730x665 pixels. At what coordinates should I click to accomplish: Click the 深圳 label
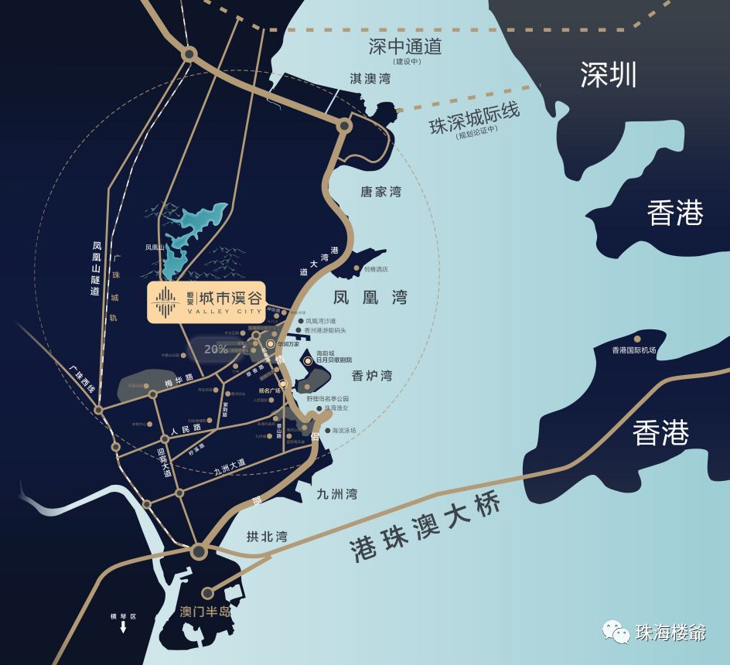[609, 75]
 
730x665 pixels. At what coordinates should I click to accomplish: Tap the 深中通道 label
[404, 46]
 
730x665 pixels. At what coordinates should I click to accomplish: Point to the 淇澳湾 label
[370, 79]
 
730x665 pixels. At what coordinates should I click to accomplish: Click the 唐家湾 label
[380, 191]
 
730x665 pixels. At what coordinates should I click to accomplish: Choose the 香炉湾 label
[372, 376]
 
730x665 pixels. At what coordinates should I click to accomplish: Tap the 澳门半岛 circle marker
[207, 593]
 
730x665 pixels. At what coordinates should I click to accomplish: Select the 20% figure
[216, 349]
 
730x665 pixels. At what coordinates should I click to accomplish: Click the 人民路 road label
[186, 428]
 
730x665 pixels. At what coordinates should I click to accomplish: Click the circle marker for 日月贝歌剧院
[308, 360]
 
